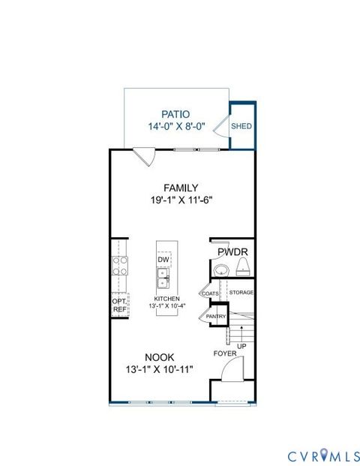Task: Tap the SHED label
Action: (241, 126)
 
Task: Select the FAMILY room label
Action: (181, 188)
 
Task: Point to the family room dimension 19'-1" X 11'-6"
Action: (181, 200)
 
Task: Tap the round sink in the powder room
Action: (220, 271)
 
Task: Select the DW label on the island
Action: (163, 260)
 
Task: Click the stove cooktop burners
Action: (120, 266)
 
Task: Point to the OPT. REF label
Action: (119, 305)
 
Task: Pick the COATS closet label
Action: (210, 293)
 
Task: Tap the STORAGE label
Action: (241, 292)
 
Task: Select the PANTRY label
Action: (216, 317)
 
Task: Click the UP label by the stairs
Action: (241, 346)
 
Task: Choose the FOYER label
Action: (225, 353)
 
